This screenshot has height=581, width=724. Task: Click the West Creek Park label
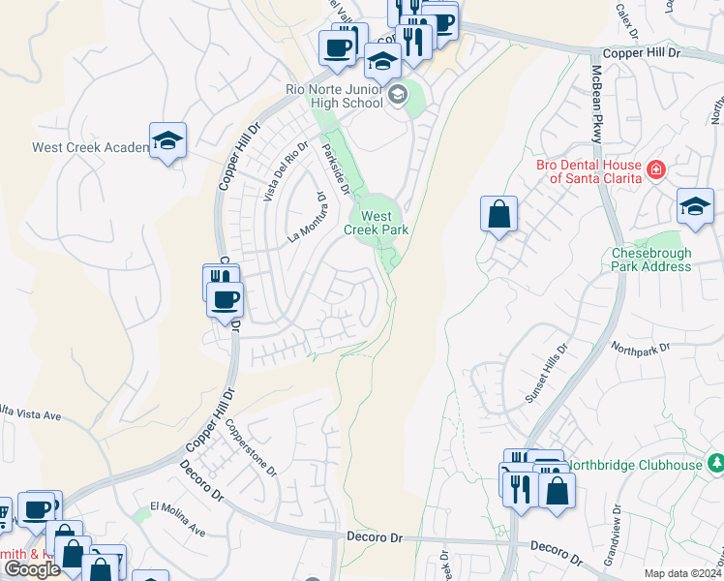pyautogui.click(x=377, y=223)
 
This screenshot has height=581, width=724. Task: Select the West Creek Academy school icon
pyautogui.click(x=167, y=140)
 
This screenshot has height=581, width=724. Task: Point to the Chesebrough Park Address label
pyautogui.click(x=650, y=260)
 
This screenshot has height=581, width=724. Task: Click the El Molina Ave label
pyautogui.click(x=177, y=518)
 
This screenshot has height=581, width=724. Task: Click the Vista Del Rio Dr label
pyautogui.click(x=285, y=171)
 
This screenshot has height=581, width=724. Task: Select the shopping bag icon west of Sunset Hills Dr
pyautogui.click(x=498, y=214)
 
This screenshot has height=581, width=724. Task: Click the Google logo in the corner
pyautogui.click(x=32, y=569)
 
